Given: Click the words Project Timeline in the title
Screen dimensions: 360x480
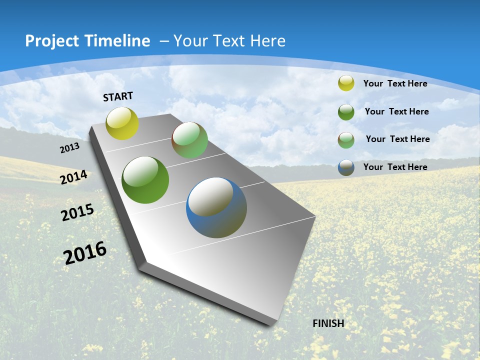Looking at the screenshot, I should pyautogui.click(x=87, y=41).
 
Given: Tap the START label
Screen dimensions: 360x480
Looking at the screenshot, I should pyautogui.click(x=118, y=96).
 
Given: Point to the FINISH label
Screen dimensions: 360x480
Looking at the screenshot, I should pyautogui.click(x=328, y=323).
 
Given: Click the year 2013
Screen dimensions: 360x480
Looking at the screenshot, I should pyautogui.click(x=69, y=148).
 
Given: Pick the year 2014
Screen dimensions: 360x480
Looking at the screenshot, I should pyautogui.click(x=73, y=177).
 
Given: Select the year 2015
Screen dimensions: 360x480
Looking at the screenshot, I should pyautogui.click(x=77, y=212).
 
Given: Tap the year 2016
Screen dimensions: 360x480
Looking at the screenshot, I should pyautogui.click(x=85, y=252).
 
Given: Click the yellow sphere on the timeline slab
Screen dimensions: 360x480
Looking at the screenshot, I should pyautogui.click(x=122, y=123).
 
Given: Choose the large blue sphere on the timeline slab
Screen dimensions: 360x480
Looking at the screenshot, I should pyautogui.click(x=216, y=207).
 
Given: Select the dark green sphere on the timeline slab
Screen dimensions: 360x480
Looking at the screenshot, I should pyautogui.click(x=145, y=180).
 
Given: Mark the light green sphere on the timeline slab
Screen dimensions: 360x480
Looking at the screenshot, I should pyautogui.click(x=189, y=140).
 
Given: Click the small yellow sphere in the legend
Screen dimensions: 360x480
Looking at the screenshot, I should pyautogui.click(x=346, y=83).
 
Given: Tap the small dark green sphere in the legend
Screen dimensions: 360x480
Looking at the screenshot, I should pyautogui.click(x=346, y=112).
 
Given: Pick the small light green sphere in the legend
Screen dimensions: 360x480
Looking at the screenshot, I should pyautogui.click(x=346, y=139).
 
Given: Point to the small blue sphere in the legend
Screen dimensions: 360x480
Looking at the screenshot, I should pyautogui.click(x=346, y=167).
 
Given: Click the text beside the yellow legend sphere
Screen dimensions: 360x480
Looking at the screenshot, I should pyautogui.click(x=395, y=83).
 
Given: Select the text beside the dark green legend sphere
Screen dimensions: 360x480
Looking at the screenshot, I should pyautogui.click(x=396, y=111).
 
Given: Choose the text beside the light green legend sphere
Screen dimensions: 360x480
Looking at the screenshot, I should pyautogui.click(x=397, y=139).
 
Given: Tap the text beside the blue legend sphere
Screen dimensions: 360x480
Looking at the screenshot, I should pyautogui.click(x=395, y=167).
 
